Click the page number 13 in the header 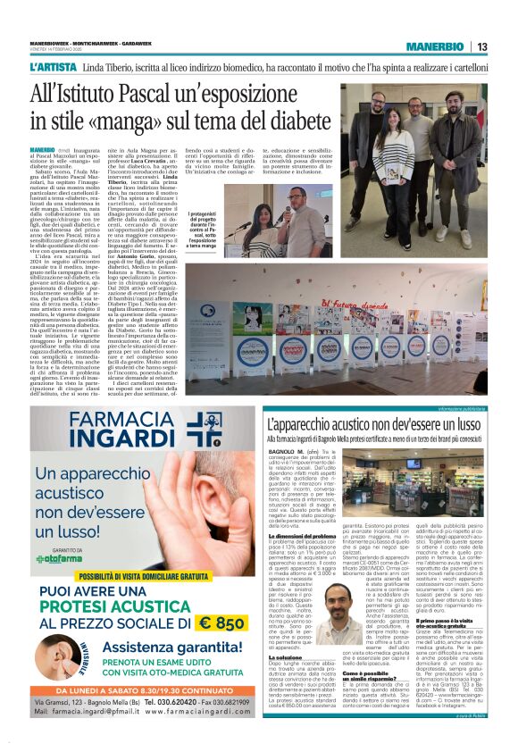coord(480,47)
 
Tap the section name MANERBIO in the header coord(434,47)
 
